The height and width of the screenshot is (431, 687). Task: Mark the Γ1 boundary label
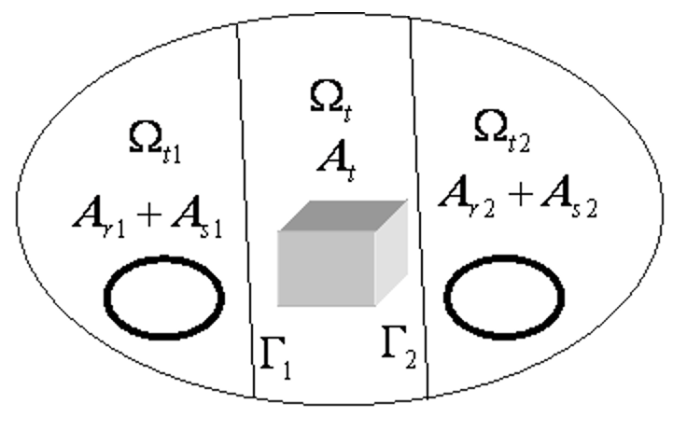(x=276, y=355)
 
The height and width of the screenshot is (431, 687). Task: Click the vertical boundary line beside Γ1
(x=247, y=205)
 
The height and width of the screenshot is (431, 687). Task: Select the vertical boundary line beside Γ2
(x=420, y=205)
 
